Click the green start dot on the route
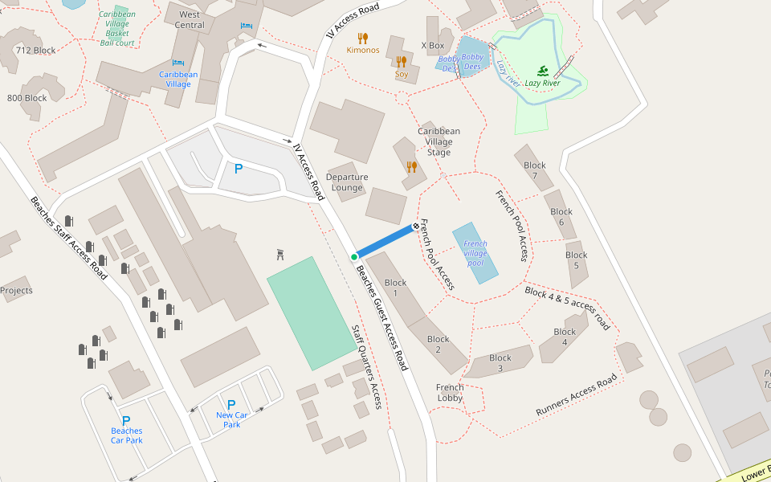click(354, 257)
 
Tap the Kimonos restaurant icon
click(363, 38)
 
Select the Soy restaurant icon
click(402, 61)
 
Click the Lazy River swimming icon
click(543, 71)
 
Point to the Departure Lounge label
click(347, 182)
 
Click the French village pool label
click(475, 253)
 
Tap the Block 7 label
click(535, 170)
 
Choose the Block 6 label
click(561, 217)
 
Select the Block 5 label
click(577, 260)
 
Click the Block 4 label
click(565, 337)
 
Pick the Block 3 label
click(500, 363)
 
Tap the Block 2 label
click(439, 345)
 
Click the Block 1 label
click(396, 288)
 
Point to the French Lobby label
click(450, 393)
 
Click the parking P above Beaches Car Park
click(126, 420)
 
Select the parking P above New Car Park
click(231, 405)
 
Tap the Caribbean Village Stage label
click(439, 141)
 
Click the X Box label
click(432, 46)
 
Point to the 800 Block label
click(27, 98)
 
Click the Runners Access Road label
click(577, 395)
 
